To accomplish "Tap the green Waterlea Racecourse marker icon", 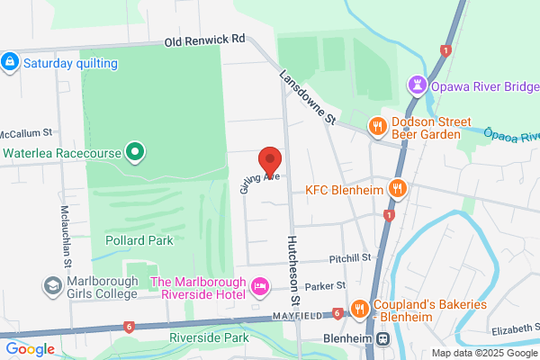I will click(134, 152).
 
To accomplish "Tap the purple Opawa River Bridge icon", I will click(417, 85).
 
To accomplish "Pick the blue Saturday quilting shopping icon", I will click(10, 62).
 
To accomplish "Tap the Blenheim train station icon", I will click(382, 339).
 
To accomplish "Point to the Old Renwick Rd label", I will click(204, 41).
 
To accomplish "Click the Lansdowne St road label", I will click(307, 98).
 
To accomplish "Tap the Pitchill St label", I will click(349, 258).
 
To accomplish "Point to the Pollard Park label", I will click(139, 240).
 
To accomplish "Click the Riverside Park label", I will click(208, 337).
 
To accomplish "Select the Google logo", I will click(30, 349).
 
